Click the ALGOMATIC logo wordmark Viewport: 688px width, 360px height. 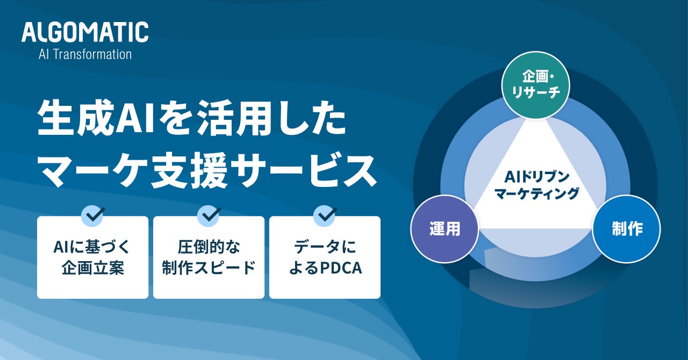point(85,32)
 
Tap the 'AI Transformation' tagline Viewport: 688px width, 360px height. point(85,54)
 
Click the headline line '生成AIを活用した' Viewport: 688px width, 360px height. point(191,121)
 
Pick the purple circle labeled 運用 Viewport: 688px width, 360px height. point(445,228)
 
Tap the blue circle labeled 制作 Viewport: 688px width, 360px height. point(627,228)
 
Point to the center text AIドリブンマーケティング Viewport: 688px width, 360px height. point(536,185)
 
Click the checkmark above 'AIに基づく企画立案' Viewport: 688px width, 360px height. point(92,215)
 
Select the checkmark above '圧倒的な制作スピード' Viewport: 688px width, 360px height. point(209,215)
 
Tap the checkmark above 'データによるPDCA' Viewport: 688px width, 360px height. point(325,215)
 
